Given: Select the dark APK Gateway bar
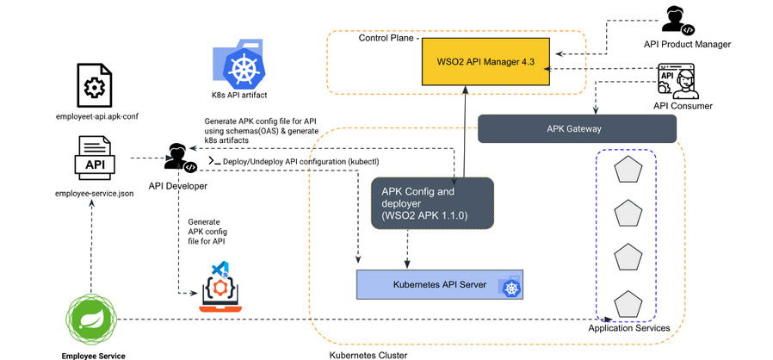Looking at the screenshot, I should (x=575, y=129).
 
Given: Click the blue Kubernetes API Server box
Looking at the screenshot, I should (x=439, y=284).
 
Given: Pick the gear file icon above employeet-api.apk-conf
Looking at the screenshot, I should (x=93, y=85).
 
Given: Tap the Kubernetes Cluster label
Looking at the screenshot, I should (x=368, y=354).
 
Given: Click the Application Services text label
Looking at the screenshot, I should (x=628, y=328).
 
